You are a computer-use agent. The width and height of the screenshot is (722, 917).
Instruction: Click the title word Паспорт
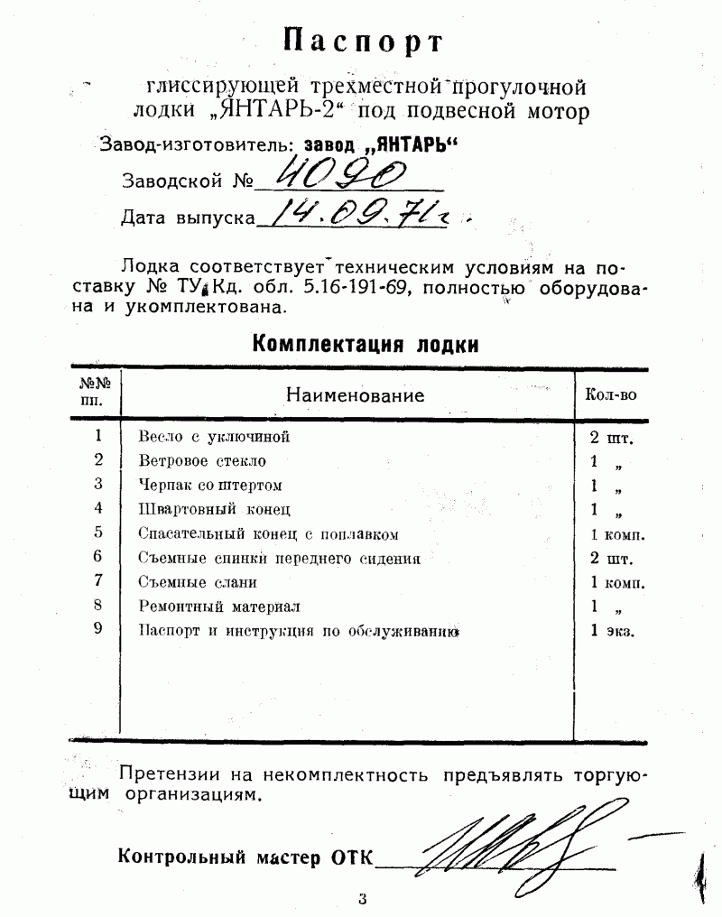[364, 41]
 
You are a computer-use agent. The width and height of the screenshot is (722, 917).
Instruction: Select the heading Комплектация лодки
[365, 344]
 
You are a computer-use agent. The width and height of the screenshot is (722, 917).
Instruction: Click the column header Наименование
[355, 394]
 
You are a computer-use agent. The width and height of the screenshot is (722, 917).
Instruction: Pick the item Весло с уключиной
[214, 437]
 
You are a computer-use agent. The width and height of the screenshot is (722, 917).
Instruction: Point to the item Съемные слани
[198, 582]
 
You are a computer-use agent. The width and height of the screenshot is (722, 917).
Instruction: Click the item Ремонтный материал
[219, 607]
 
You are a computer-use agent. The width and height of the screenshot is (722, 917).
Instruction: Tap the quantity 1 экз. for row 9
[612, 631]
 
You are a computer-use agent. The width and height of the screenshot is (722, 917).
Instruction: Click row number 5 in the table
[98, 533]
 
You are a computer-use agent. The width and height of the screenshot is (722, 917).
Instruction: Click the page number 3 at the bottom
[362, 898]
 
